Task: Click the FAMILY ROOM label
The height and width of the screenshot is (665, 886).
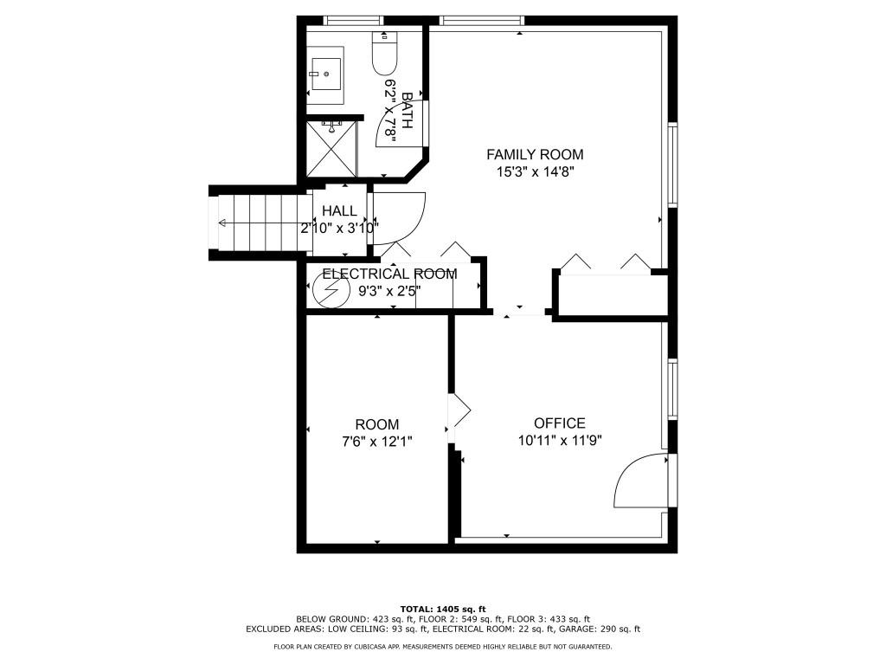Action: (x=535, y=154)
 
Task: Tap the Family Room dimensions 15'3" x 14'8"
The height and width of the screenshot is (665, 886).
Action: (x=535, y=171)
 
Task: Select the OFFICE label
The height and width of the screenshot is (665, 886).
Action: (x=559, y=423)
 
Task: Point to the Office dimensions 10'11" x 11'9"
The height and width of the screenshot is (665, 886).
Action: (x=559, y=440)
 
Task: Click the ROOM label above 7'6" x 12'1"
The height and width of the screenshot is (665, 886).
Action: (x=377, y=424)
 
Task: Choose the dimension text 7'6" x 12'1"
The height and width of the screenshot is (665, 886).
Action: (x=377, y=441)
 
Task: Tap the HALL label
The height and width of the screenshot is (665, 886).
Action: (x=339, y=211)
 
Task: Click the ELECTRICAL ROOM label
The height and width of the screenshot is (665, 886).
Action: (x=389, y=274)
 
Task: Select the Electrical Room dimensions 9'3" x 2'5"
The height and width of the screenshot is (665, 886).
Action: (x=389, y=292)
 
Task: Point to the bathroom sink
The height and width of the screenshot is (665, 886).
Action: (x=326, y=74)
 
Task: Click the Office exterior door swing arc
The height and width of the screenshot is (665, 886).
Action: (x=640, y=481)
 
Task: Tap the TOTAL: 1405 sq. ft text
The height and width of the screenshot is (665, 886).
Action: (x=442, y=609)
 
